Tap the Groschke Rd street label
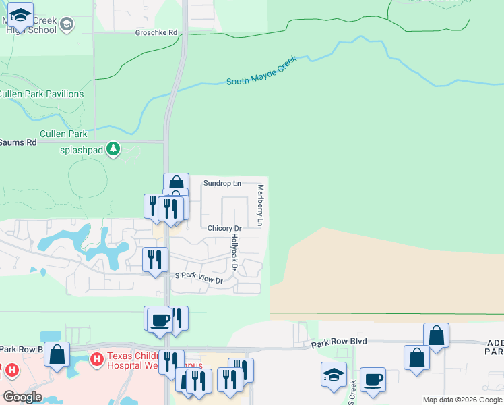156,32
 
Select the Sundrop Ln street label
222,184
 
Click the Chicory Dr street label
224,229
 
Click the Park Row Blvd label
339,342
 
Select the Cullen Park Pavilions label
42,94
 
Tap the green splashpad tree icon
114,148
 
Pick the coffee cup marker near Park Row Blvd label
373,380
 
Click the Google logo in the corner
22,397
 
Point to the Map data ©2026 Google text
462,400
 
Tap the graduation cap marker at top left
21,15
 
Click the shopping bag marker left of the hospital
57,353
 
